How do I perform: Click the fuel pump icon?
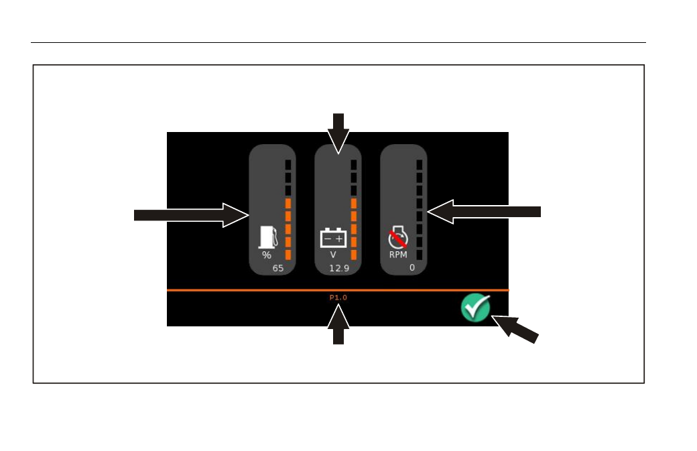(x=268, y=237)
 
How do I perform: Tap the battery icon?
(x=333, y=238)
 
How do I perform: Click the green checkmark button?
(x=475, y=308)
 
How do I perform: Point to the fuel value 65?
(x=278, y=268)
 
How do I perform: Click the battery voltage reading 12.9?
(x=339, y=268)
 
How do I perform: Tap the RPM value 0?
(x=412, y=267)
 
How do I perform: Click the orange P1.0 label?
(x=338, y=298)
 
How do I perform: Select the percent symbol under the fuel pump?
(x=266, y=255)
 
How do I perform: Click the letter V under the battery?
(x=333, y=255)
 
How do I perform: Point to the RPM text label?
(x=398, y=255)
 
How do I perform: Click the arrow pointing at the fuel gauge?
(x=191, y=215)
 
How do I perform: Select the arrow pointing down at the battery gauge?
(x=338, y=134)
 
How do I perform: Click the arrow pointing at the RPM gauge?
(x=484, y=212)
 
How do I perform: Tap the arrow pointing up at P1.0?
(x=338, y=324)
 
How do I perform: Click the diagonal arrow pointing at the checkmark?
(x=515, y=328)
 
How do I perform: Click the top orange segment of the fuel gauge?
(x=288, y=204)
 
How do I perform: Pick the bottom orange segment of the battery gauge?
(x=354, y=255)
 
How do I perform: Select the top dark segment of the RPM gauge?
(x=419, y=165)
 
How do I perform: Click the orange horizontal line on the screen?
(x=338, y=290)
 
